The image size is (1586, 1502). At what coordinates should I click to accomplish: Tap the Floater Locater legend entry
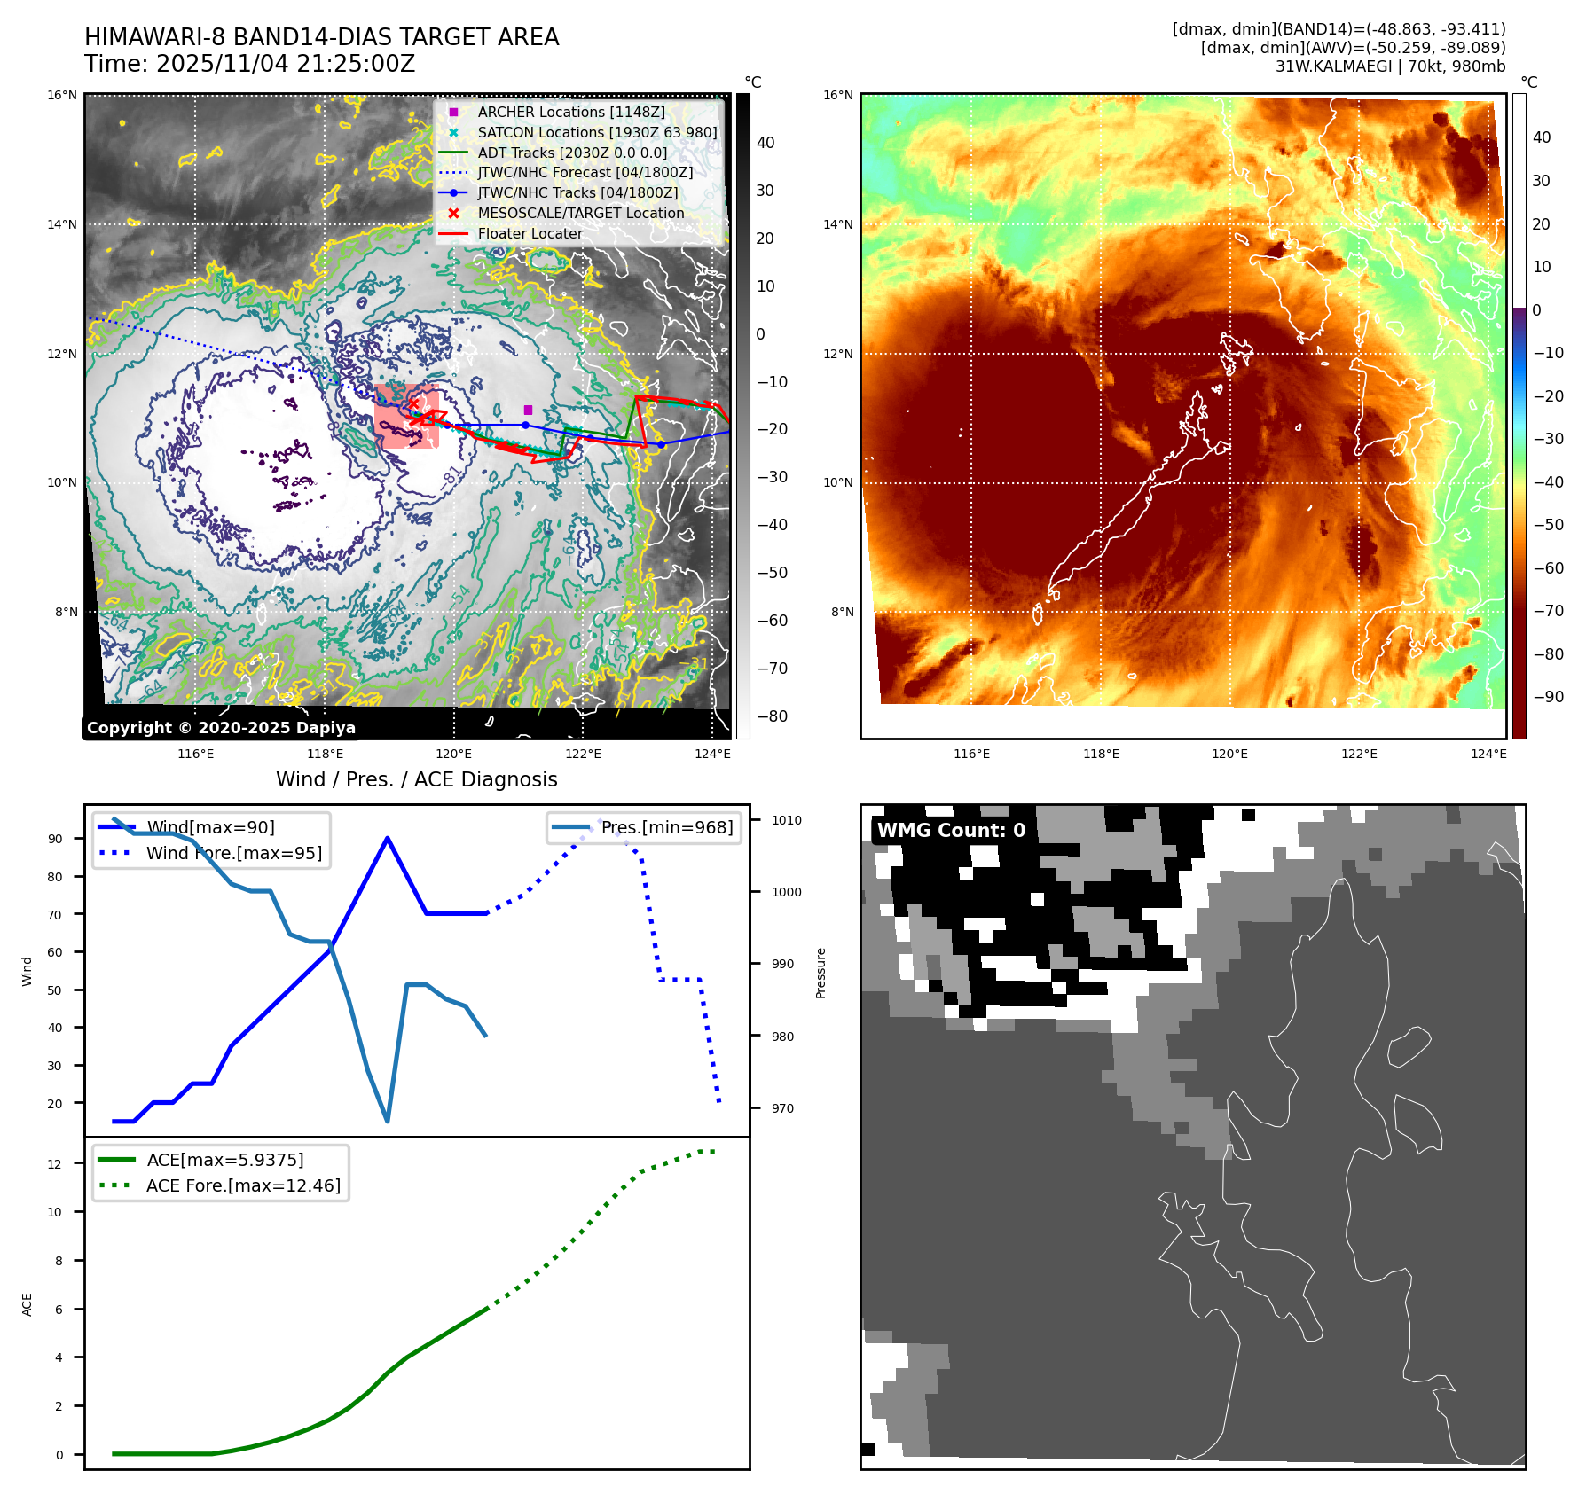pos(530,233)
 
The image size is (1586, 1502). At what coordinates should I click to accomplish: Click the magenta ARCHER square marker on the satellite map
pos(528,410)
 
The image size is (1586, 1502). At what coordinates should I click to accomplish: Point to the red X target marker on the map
pos(413,404)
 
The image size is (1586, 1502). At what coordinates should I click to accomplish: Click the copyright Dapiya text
pos(221,728)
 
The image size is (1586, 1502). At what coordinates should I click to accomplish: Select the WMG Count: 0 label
pos(951,831)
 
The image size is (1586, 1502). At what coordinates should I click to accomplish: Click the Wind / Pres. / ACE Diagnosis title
pos(416,779)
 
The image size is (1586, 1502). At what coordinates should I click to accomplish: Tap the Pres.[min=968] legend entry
pos(666,827)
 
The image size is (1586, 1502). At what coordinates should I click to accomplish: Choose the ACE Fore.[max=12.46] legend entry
pos(242,1185)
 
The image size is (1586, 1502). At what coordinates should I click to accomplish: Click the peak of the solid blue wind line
pos(388,838)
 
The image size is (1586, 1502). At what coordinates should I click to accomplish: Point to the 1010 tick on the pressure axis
pos(786,821)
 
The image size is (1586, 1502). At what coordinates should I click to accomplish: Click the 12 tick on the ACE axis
pos(55,1164)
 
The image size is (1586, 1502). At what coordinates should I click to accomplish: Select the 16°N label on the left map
pos(62,96)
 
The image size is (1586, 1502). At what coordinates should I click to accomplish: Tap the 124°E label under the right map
pos(1488,754)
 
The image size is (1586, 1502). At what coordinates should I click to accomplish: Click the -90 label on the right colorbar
pos(1548,697)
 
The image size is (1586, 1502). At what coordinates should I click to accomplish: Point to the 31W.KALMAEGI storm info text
pos(1390,66)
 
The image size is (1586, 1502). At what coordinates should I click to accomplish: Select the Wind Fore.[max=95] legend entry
pos(233,853)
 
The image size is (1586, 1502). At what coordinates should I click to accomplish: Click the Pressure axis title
pos(820,973)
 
